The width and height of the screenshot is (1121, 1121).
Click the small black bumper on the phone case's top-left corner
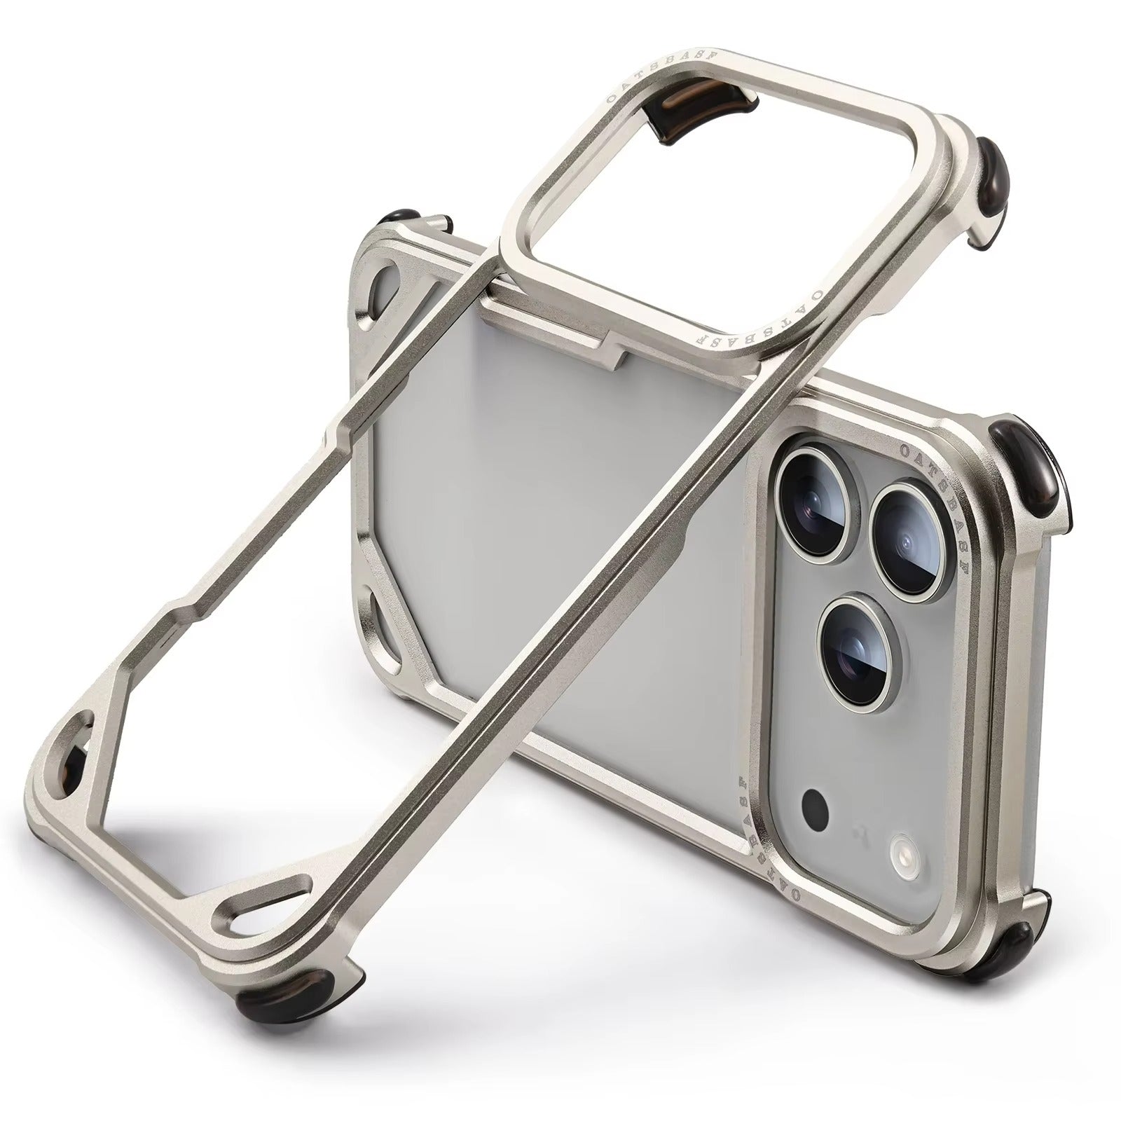pos(401,216)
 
